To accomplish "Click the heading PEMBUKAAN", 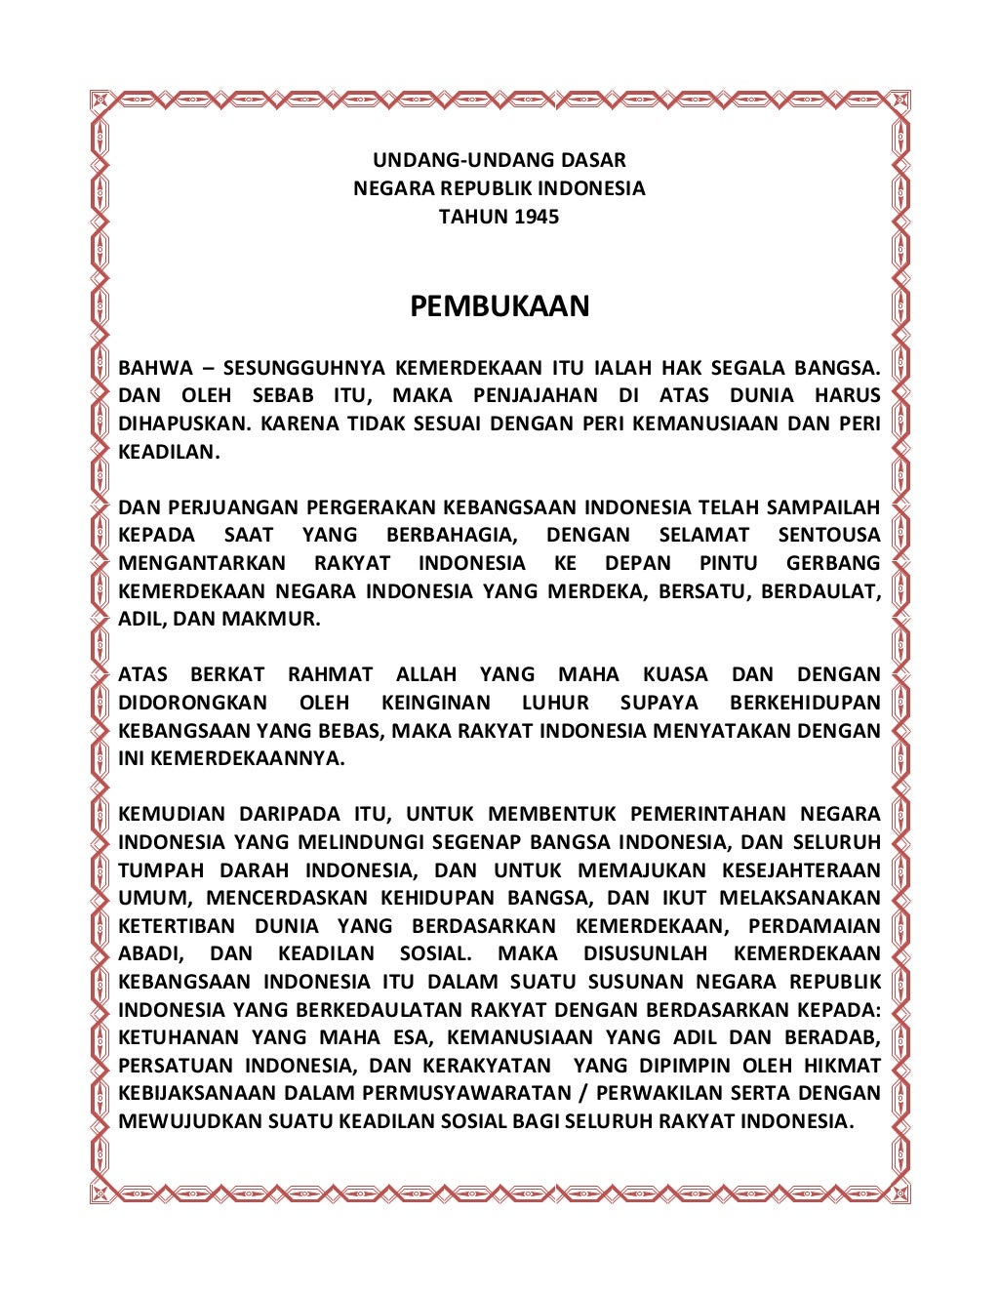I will tap(499, 306).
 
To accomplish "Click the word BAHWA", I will tap(155, 368).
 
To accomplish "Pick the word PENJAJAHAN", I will tap(535, 395).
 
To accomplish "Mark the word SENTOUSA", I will tap(829, 535).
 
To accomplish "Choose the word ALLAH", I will tap(426, 674).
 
